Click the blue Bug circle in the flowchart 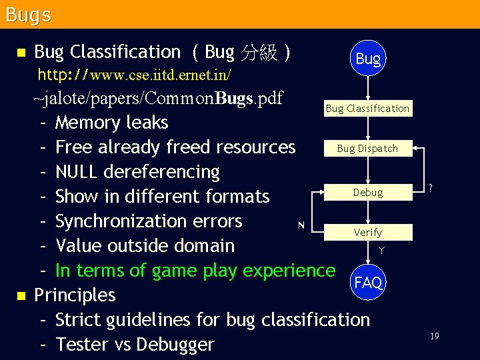pos(368,58)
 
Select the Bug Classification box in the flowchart pos(367,108)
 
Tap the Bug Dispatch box pos(367,149)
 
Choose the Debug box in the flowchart pos(368,192)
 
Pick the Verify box pos(368,232)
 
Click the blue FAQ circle pos(368,283)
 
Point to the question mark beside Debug pos(431,189)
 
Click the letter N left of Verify pos(301,225)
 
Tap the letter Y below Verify pos(381,251)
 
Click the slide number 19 pos(434,337)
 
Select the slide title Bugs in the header pos(28,15)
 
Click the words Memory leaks pos(111,123)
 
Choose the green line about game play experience pos(195,270)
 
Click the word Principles pos(75,295)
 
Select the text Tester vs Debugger pos(135,344)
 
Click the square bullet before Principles pos(21,295)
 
